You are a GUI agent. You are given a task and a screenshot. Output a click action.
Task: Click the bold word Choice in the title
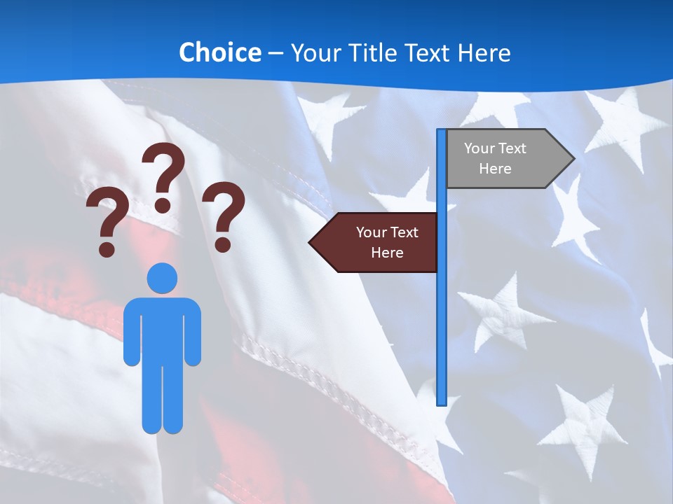tap(219, 52)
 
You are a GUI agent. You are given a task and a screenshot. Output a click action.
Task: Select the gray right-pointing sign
tap(505, 158)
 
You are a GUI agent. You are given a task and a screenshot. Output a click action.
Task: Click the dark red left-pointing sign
tap(379, 242)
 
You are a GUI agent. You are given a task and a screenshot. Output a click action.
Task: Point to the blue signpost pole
tap(441, 315)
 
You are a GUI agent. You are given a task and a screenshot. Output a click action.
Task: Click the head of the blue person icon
tap(162, 278)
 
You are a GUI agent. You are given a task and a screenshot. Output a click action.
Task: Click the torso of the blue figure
tap(162, 329)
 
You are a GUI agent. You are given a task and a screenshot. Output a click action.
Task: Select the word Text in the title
tap(428, 52)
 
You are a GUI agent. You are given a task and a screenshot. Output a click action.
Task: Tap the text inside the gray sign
tap(495, 158)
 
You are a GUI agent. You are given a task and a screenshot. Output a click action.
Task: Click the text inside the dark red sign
tap(387, 242)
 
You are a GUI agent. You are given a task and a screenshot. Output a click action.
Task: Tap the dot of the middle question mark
tap(163, 205)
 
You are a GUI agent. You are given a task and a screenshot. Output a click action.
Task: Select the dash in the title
tap(276, 53)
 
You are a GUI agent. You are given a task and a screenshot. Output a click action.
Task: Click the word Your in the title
tap(313, 52)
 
